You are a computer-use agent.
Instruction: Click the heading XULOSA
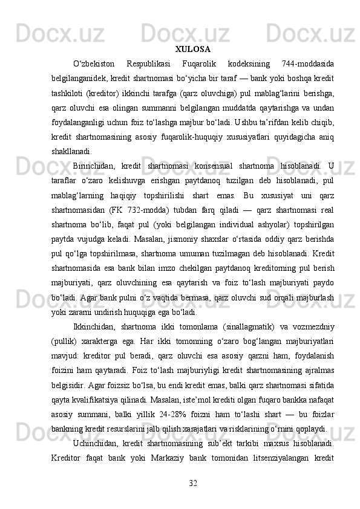(x=193, y=48)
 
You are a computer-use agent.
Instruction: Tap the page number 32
(x=193, y=482)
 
